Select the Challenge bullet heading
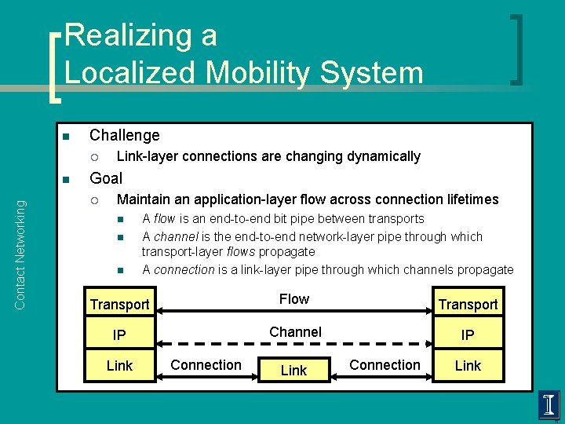(124, 135)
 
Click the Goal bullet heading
(106, 177)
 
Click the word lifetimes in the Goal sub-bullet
(468, 199)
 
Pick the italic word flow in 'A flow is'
(165, 219)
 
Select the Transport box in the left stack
(119, 304)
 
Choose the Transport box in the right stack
(468, 304)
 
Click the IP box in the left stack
(119, 335)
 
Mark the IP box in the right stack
(468, 335)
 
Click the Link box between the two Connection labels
(293, 370)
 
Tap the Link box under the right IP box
(468, 366)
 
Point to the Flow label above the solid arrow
(294, 299)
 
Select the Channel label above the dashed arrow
(295, 332)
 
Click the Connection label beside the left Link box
(206, 365)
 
